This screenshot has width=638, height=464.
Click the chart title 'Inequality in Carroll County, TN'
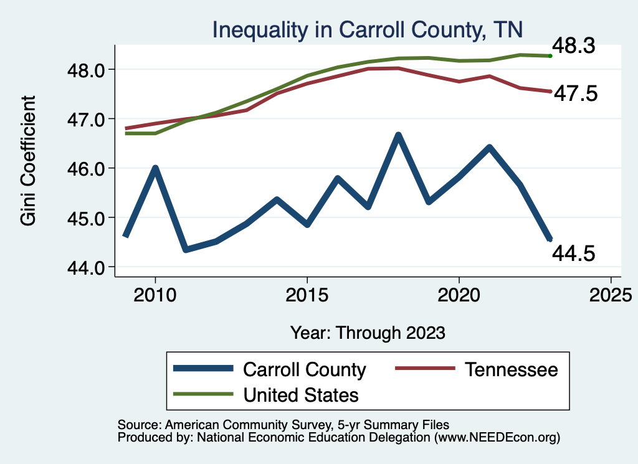pyautogui.click(x=368, y=29)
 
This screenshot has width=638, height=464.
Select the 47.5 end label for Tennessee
pyautogui.click(x=577, y=93)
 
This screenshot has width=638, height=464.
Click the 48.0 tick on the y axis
pyautogui.click(x=87, y=69)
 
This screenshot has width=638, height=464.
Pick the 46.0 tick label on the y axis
pyautogui.click(x=87, y=168)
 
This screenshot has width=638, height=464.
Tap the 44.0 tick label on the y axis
pyautogui.click(x=87, y=267)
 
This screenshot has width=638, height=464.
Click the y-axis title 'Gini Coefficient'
pyautogui.click(x=29, y=160)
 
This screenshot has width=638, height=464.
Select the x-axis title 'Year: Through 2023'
pyautogui.click(x=368, y=333)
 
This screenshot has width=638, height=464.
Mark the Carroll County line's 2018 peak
pyautogui.click(x=398, y=135)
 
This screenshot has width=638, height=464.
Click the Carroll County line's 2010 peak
pyautogui.click(x=155, y=168)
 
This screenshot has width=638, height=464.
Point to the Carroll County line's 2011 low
pyautogui.click(x=186, y=250)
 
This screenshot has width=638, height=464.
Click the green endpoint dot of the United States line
pyautogui.click(x=550, y=56)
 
